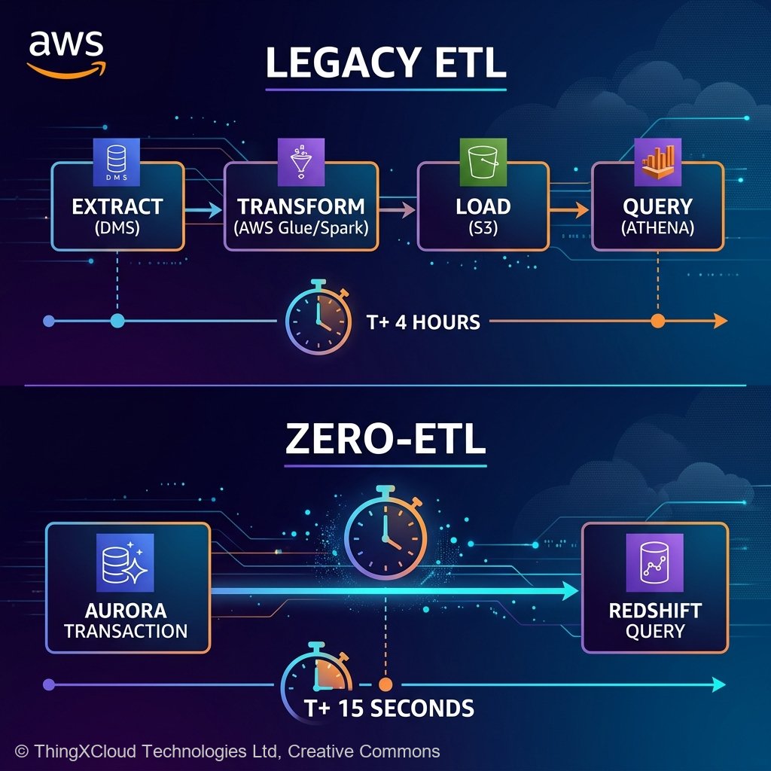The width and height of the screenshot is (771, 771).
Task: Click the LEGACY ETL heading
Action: [385, 65]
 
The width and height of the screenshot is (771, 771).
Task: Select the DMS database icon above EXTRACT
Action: [117, 161]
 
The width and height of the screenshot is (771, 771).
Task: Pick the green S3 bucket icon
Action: [480, 161]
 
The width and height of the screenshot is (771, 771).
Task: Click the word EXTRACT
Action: [117, 206]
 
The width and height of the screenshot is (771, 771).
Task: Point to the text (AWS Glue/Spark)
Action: [301, 227]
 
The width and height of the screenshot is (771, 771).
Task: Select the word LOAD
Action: [483, 206]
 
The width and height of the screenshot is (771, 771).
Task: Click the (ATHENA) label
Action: [657, 227]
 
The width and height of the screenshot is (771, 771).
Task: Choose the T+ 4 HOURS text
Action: [423, 322]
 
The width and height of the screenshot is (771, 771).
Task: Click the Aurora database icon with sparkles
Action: [125, 562]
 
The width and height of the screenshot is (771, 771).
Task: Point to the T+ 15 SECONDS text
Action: [389, 708]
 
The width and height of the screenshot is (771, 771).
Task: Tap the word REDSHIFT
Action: [655, 610]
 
